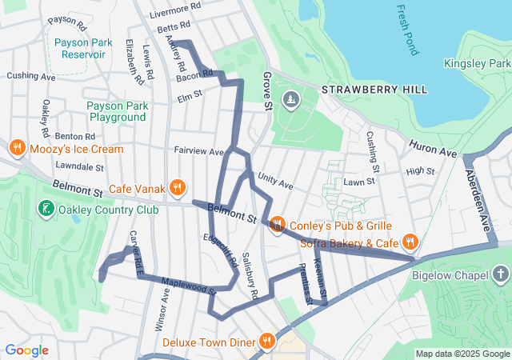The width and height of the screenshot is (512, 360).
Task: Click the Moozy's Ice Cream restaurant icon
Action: [17, 148]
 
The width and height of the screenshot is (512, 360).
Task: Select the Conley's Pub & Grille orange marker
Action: [277, 223]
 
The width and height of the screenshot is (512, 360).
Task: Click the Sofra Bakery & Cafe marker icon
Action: [410, 241]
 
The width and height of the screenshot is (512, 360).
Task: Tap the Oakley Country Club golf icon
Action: [45, 210]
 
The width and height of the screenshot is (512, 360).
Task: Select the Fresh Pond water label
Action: [406, 30]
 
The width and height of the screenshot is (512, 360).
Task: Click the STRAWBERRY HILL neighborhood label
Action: [374, 90]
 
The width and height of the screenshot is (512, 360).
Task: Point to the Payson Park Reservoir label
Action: [80, 47]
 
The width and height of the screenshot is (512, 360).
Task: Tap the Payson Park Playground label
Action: [118, 110]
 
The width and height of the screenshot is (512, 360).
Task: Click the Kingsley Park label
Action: [478, 63]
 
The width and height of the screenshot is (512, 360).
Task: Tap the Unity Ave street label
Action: [275, 183]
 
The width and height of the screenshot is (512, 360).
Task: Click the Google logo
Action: [26, 350]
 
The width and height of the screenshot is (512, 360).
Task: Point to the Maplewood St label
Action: [190, 286]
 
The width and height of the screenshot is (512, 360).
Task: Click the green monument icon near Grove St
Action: [291, 99]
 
